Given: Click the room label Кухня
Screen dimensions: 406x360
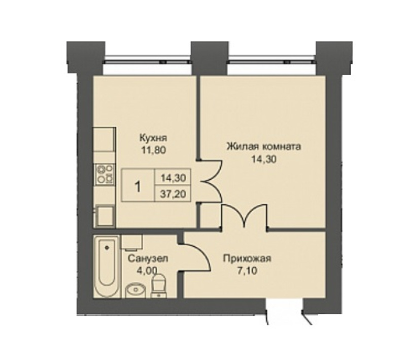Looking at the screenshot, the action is click(x=153, y=138).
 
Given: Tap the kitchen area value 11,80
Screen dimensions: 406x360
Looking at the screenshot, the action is click(x=153, y=150).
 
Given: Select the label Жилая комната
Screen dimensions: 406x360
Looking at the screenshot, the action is click(x=264, y=147).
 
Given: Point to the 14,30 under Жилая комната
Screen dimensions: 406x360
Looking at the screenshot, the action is click(x=264, y=159).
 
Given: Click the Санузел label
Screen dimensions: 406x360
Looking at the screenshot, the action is click(x=148, y=258).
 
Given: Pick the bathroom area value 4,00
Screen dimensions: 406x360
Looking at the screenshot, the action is click(x=147, y=271).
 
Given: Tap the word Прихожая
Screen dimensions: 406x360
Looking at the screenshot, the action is click(x=247, y=258).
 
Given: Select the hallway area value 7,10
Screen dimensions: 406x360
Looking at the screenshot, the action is click(x=247, y=271).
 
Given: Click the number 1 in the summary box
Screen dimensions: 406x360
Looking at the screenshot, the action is click(x=138, y=186).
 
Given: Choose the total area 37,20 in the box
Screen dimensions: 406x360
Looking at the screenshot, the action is click(x=173, y=194).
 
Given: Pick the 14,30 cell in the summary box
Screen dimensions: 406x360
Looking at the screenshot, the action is click(x=173, y=178).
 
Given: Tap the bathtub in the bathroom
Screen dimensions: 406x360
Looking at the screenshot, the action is click(x=106, y=267).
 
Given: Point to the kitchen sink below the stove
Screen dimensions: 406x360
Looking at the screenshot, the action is click(x=105, y=216).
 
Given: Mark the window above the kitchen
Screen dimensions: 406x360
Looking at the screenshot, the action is click(x=148, y=59).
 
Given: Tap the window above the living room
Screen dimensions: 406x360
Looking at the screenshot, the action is click(x=272, y=59).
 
